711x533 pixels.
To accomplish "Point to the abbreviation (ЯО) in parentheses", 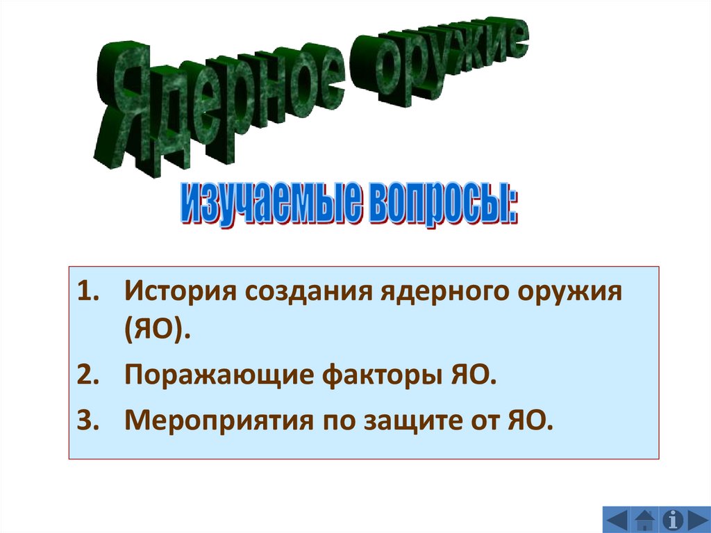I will [158, 331].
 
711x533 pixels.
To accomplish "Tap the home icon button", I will [645, 519].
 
